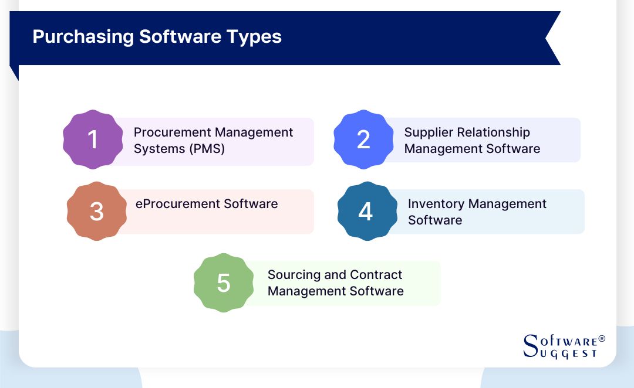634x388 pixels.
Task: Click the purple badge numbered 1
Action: pyautogui.click(x=92, y=139)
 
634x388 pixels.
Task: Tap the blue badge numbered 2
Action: pyautogui.click(x=363, y=139)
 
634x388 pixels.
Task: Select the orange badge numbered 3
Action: pyautogui.click(x=96, y=211)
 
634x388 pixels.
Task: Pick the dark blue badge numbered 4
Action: pyautogui.click(x=366, y=211)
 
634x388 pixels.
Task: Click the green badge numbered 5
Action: pyautogui.click(x=224, y=283)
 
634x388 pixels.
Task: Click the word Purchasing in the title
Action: pyautogui.click(x=83, y=37)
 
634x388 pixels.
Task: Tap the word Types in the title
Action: pyautogui.click(x=255, y=37)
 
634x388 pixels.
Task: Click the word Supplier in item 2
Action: pyautogui.click(x=428, y=132)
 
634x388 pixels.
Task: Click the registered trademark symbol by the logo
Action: pyautogui.click(x=601, y=339)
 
